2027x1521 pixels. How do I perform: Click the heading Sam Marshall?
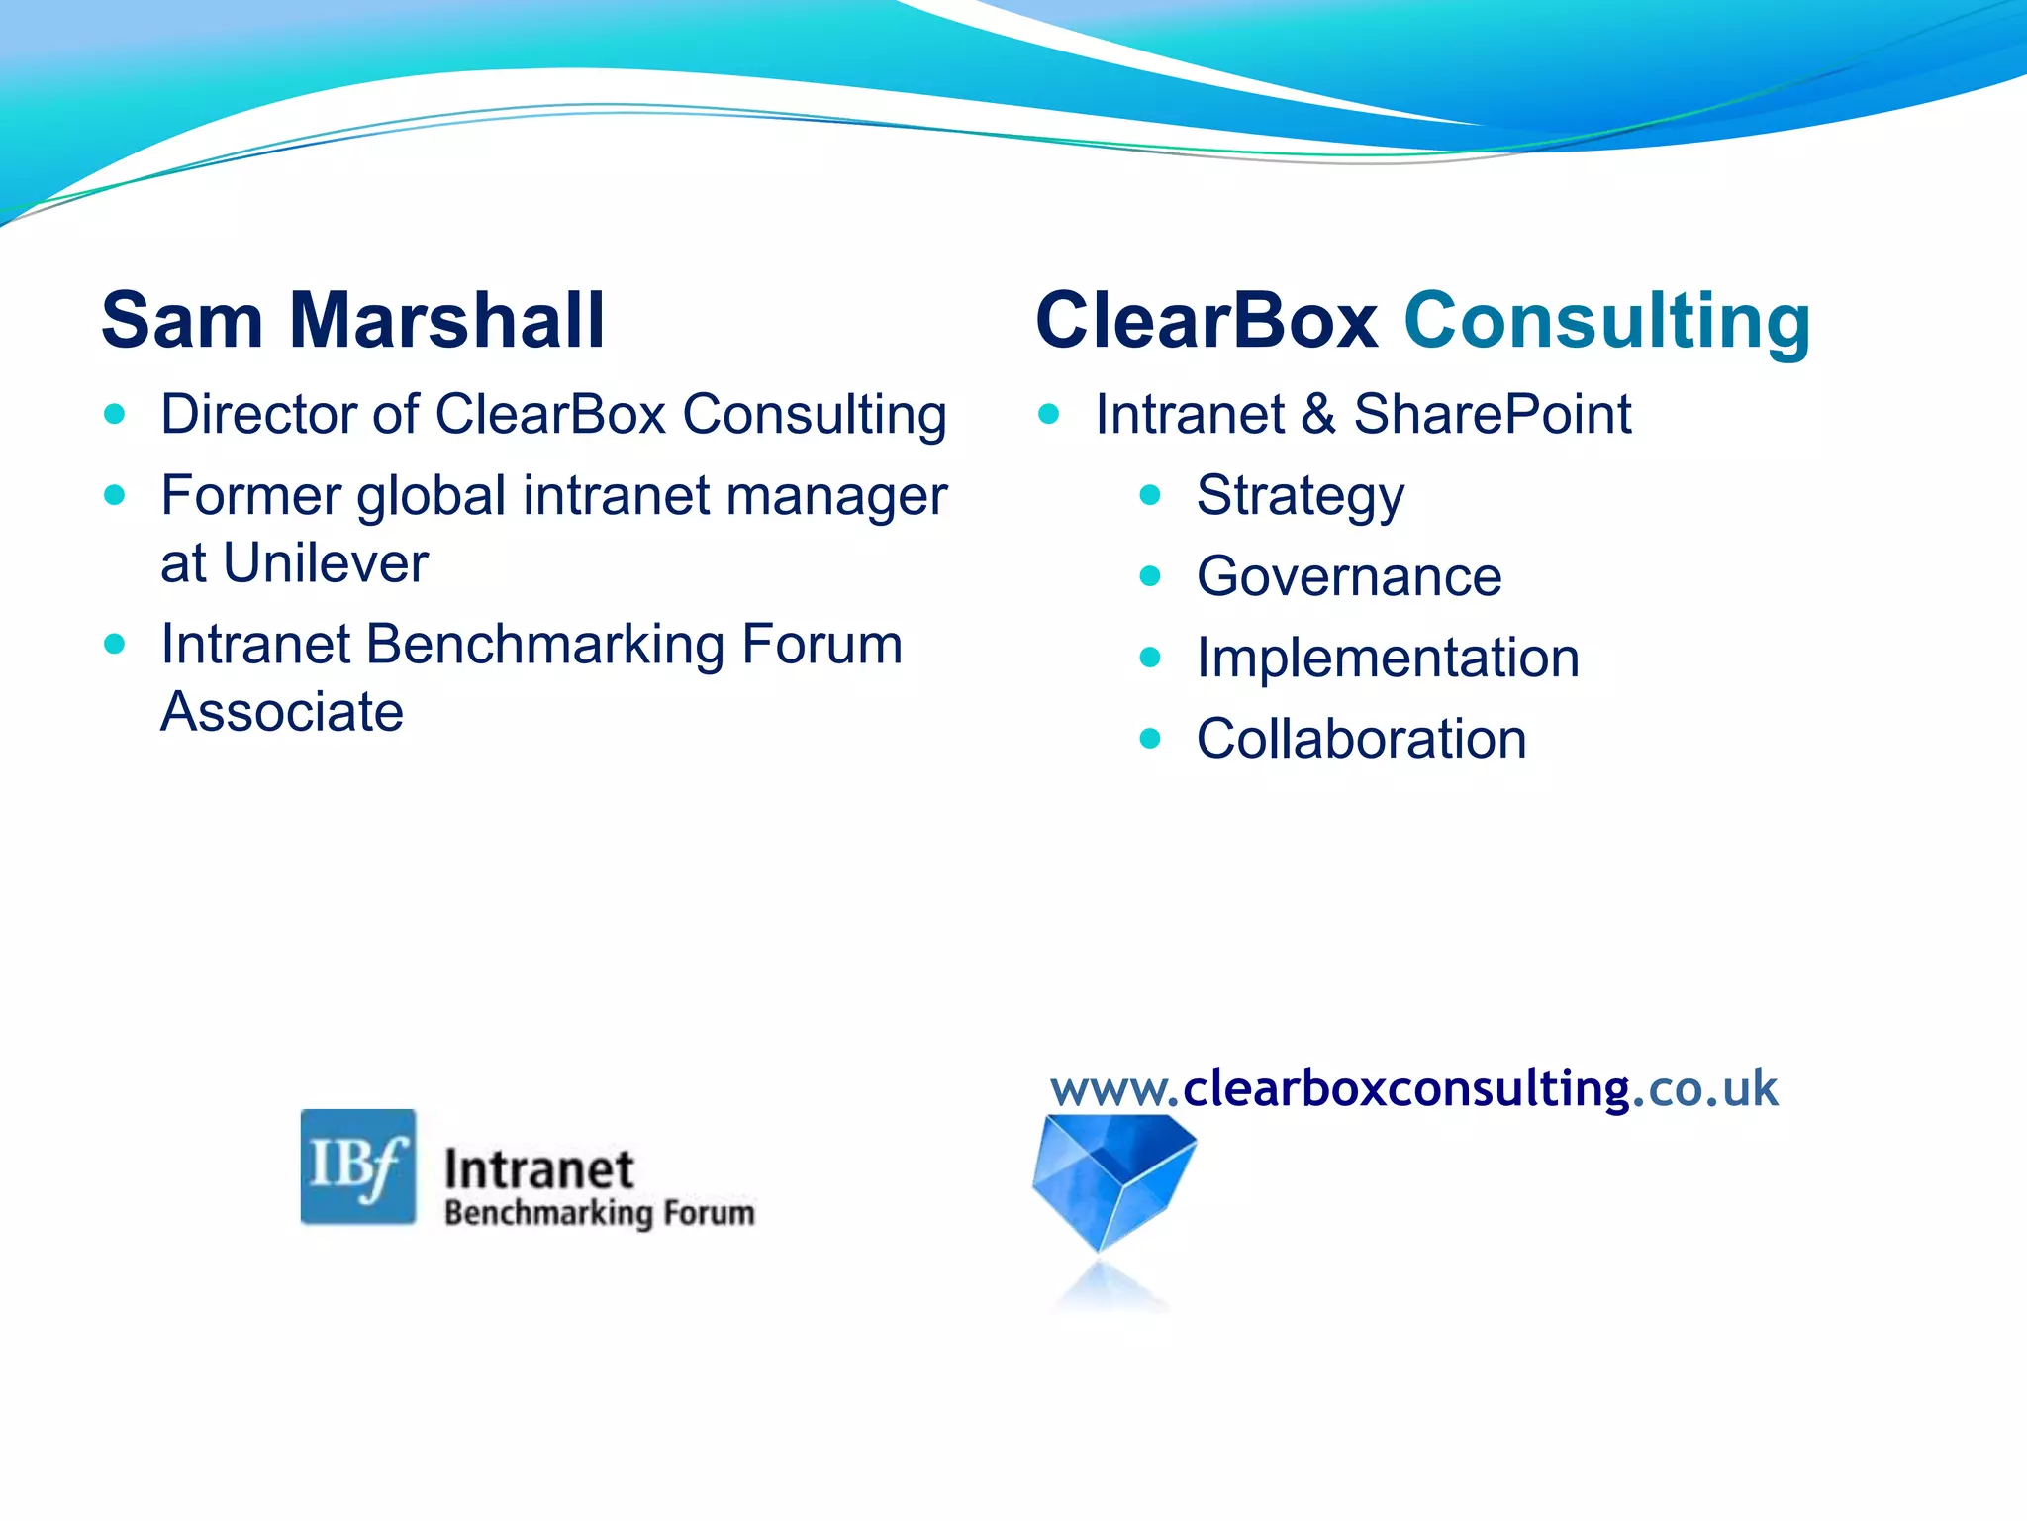coord(352,321)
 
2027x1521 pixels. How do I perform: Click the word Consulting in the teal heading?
coord(1607,321)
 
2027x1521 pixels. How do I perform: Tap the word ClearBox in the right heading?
coord(1206,321)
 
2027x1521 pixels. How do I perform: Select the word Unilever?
coord(326,563)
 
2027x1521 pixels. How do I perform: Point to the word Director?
coord(255,414)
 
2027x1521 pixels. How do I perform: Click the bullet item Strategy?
coord(1300,495)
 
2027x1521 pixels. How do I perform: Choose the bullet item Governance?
coord(1348,576)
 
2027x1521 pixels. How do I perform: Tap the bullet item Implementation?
coord(1387,658)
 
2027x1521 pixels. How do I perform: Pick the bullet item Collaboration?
coord(1361,739)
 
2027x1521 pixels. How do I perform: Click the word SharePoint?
coord(1493,414)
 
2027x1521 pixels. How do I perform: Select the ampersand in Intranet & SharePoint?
coord(1319,414)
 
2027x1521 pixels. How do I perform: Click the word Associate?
coord(282,712)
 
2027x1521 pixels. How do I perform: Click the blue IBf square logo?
coord(358,1166)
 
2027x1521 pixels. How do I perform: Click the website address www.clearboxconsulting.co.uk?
coord(1413,1088)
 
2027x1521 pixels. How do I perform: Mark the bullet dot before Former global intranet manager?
coord(115,494)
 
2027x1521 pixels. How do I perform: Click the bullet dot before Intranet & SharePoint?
coord(1049,414)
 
